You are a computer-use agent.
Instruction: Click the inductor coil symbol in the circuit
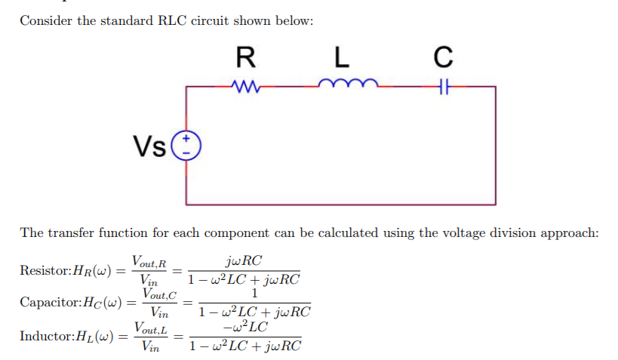click(343, 85)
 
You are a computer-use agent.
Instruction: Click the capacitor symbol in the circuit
click(444, 87)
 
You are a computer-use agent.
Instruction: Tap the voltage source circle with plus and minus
click(186, 145)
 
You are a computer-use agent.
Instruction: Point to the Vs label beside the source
click(149, 145)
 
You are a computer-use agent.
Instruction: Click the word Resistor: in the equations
click(45, 270)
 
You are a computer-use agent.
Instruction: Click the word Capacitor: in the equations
click(49, 303)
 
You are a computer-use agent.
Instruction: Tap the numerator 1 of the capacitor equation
click(254, 294)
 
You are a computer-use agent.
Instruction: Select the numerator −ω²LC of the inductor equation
click(244, 327)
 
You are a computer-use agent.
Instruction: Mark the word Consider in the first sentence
click(45, 20)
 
